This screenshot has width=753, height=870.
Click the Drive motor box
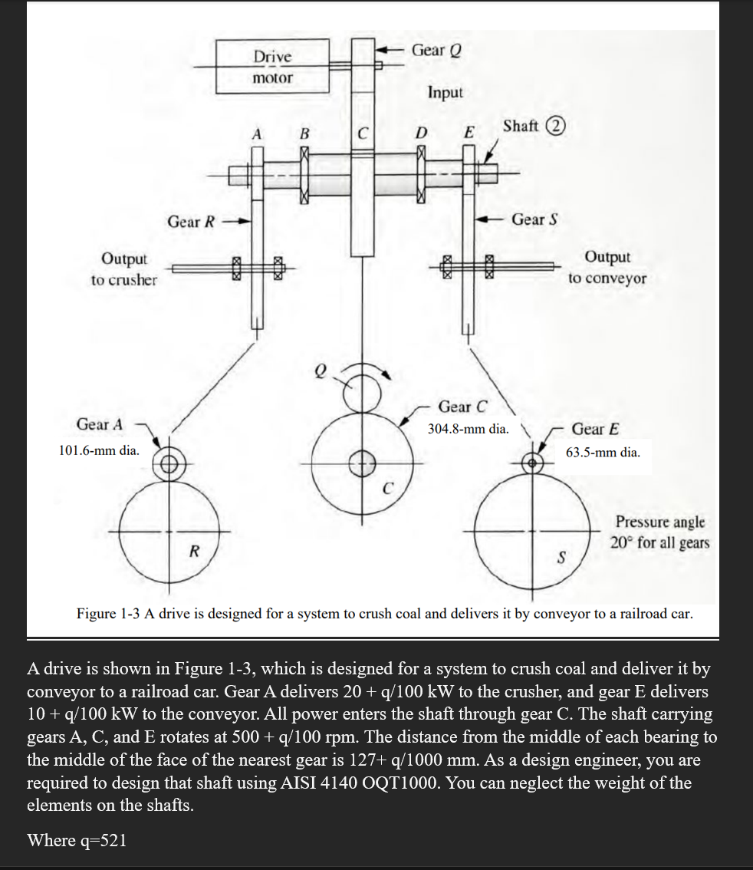point(273,67)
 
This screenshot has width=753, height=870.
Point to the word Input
point(446,93)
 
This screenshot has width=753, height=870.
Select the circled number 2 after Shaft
point(554,127)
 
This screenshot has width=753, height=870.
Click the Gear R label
point(192,222)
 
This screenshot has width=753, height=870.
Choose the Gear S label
point(534,219)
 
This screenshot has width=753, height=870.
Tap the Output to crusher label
point(123,269)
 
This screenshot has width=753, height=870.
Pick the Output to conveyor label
point(607,268)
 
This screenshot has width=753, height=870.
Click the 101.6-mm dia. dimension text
point(100,450)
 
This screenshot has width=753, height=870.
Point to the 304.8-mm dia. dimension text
point(468,429)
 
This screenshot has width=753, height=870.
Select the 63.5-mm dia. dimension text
point(603,452)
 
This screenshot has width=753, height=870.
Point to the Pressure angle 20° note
point(659,532)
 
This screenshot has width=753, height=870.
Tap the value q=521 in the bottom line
point(102,840)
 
